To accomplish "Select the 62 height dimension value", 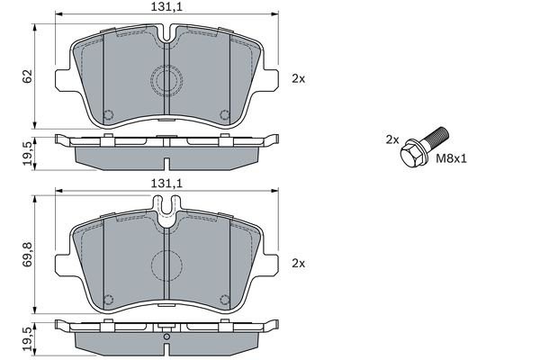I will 27,76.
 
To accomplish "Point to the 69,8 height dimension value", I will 27,259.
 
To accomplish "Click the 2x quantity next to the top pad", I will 299,78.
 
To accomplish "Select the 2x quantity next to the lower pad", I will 299,263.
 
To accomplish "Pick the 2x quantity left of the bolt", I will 391,139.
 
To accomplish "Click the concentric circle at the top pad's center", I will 167,83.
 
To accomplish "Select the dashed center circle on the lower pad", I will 167,266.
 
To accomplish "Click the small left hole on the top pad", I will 109,115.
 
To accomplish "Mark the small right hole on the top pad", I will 225,115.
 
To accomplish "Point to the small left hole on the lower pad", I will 109,300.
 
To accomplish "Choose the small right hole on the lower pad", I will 225,300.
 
